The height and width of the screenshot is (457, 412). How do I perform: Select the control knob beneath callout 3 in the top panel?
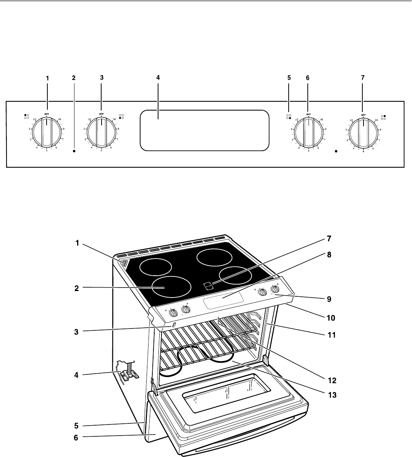[x=101, y=133]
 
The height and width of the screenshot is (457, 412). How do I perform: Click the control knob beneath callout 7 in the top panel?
[x=363, y=133]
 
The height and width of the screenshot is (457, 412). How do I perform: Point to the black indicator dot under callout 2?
[x=74, y=151]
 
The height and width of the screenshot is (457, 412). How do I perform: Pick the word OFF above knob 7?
[x=363, y=114]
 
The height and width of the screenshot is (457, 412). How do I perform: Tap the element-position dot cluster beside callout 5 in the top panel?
[x=289, y=117]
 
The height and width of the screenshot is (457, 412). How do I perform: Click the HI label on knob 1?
[x=60, y=120]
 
